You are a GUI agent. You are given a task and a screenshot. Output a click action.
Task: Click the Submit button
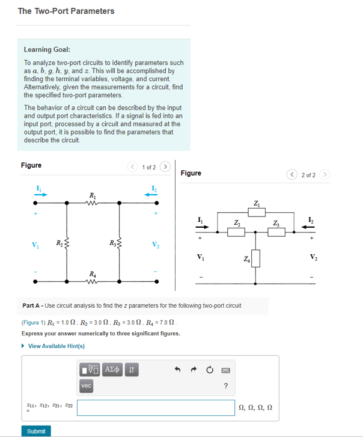coord(36,430)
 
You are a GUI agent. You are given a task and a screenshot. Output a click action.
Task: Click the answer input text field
coord(156,408)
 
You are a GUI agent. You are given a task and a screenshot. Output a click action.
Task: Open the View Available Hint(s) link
coord(56,346)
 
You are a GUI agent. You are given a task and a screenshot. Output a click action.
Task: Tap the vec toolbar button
coord(86,385)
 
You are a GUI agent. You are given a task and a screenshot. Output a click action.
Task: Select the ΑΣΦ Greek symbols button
coord(112,368)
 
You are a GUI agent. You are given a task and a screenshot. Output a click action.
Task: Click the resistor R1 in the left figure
coord(91,203)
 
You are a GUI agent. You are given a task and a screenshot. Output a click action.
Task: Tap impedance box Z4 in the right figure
coord(256,259)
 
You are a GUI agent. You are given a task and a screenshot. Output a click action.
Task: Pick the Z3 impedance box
coord(276,233)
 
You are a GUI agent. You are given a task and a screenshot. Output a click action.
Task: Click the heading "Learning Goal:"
coord(47,50)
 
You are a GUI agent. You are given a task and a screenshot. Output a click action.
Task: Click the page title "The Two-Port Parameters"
coord(66,11)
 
